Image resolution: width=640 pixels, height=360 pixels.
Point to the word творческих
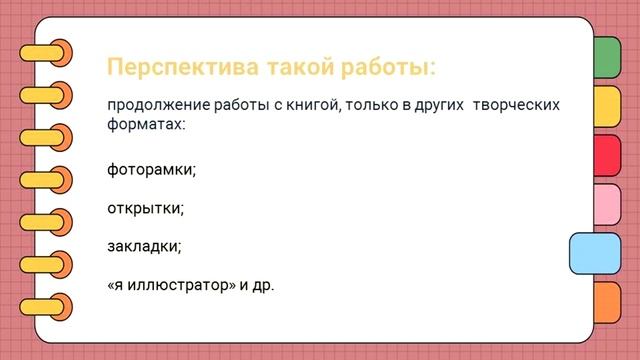click(516, 105)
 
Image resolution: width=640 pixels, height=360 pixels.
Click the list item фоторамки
click(151, 169)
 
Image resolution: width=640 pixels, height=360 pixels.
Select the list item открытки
click(145, 208)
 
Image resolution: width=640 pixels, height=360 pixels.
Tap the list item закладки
click(144, 246)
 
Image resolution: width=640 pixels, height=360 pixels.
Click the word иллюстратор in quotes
click(176, 285)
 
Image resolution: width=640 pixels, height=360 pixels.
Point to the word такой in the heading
click(296, 68)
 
